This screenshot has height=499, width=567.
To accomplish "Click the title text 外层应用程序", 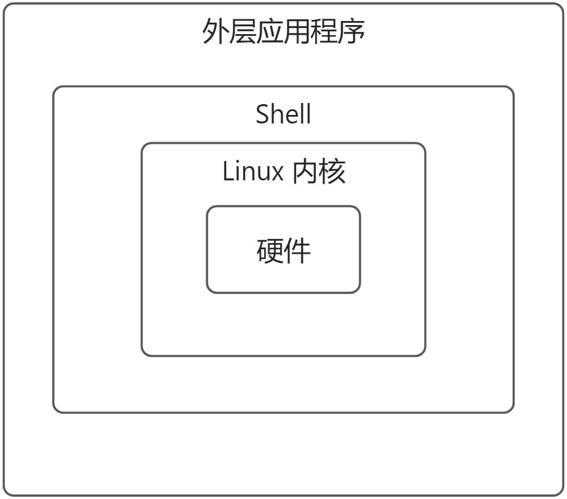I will click(283, 32).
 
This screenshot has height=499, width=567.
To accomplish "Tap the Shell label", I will click(283, 114).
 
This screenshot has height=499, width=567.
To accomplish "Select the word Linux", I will click(253, 171).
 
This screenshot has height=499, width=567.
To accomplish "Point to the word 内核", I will click(319, 171).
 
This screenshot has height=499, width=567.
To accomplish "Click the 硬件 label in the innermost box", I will click(283, 250).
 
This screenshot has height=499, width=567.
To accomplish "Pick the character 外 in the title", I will click(216, 32).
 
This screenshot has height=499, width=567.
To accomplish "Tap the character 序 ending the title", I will click(351, 32).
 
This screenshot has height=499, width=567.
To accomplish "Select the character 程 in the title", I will click(324, 32).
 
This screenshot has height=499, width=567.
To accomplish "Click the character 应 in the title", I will click(270, 32).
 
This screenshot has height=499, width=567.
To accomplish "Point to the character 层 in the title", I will click(243, 32).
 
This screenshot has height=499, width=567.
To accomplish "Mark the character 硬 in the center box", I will click(270, 250).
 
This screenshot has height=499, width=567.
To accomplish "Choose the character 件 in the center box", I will click(297, 250).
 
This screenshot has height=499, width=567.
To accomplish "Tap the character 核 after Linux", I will click(332, 171).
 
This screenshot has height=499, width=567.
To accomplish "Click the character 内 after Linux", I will click(305, 171).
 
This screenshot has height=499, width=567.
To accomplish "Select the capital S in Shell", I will click(262, 114).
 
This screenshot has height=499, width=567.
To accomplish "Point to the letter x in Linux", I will click(277, 173).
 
